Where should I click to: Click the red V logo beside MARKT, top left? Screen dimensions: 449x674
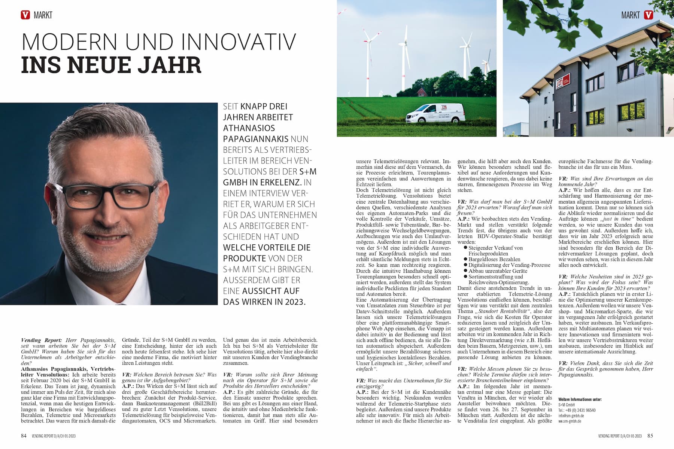25,15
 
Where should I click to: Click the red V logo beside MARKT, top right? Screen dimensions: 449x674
649,15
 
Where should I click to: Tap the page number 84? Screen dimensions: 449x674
24,436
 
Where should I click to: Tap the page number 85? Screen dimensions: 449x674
650,436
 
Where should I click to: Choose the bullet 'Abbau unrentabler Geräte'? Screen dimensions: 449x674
498,271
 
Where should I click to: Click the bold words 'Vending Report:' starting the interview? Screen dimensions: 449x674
42,340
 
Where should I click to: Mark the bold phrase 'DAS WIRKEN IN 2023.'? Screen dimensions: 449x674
264,302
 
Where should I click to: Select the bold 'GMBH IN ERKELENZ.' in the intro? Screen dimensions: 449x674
262,183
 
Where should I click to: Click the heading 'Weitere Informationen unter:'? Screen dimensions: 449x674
580,400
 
